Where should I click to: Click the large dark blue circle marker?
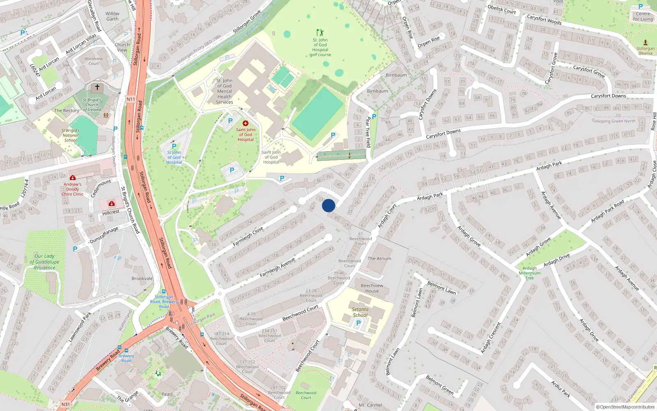pyautogui.click(x=328, y=205)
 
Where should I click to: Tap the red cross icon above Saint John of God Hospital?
pyautogui.click(x=246, y=123)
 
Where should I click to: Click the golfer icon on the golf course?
pyautogui.click(x=320, y=32)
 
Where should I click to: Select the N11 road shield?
pyautogui.click(x=131, y=99)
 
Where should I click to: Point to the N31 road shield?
pyautogui.click(x=66, y=404)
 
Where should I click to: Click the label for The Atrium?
pyautogui.click(x=379, y=259)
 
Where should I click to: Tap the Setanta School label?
pyautogui.click(x=360, y=312)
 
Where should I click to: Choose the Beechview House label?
pyautogui.click(x=372, y=288)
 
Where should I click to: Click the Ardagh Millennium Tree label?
pyautogui.click(x=530, y=273)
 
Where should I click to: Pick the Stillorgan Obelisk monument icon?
pyautogui.click(x=645, y=42)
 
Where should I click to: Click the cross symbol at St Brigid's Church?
pyautogui.click(x=97, y=87)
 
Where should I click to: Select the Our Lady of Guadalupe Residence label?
pyautogui.click(x=45, y=262)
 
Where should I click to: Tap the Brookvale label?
pyautogui.click(x=142, y=279)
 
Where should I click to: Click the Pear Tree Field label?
pyautogui.click(x=368, y=132)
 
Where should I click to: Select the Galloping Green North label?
pyautogui.click(x=613, y=121)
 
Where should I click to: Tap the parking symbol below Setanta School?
pyautogui.click(x=358, y=323)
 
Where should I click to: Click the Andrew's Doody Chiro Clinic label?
pyautogui.click(x=73, y=189)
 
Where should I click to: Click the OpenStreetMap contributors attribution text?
pyautogui.click(x=625, y=407)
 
